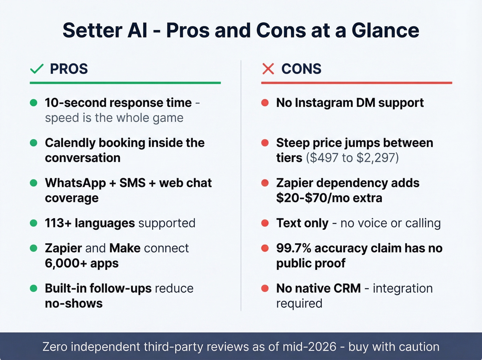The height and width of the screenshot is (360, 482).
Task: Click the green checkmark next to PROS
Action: tap(37, 69)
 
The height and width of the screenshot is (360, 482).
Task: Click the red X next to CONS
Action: tap(268, 69)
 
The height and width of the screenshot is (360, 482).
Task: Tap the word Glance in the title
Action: tap(385, 30)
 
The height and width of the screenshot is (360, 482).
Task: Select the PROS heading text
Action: tap(69, 69)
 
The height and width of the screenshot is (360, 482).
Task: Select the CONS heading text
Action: tap(301, 69)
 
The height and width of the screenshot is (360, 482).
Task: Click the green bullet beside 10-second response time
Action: tap(34, 103)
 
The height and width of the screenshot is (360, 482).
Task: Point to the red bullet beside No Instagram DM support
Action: tap(265, 103)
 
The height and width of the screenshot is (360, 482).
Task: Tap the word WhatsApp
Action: tap(75, 183)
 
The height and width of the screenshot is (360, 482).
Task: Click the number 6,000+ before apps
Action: tap(66, 264)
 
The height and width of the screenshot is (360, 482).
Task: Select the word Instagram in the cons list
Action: tap(324, 103)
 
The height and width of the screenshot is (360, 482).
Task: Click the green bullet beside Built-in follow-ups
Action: tap(34, 288)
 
